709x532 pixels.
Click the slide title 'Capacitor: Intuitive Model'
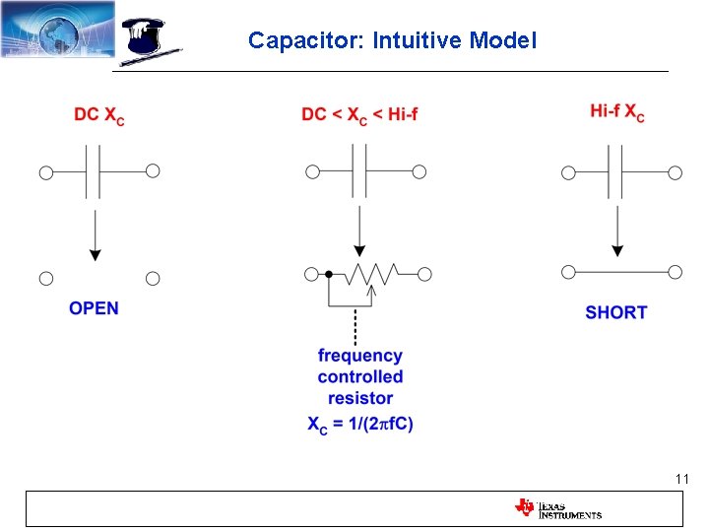click(x=392, y=40)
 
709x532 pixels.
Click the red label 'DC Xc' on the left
click(x=98, y=115)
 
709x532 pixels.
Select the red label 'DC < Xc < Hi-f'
click(x=359, y=115)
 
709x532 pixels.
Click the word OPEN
click(x=94, y=308)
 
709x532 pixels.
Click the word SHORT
click(x=616, y=312)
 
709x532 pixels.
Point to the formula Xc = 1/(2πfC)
click(x=360, y=424)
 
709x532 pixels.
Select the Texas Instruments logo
click(x=557, y=508)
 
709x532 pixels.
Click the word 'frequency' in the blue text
click(x=360, y=356)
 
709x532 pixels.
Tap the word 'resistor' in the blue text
click(x=360, y=398)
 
